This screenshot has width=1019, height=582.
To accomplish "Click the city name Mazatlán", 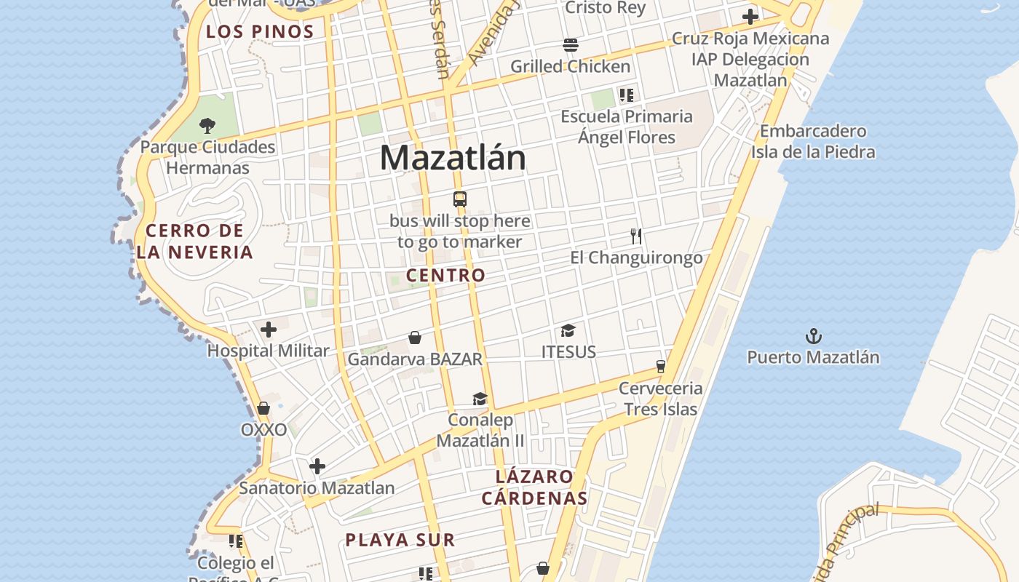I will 452,158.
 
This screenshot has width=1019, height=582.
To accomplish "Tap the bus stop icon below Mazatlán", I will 459,199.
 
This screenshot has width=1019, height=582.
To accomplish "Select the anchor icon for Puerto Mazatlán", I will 813,336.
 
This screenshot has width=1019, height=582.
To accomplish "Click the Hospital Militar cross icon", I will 269,330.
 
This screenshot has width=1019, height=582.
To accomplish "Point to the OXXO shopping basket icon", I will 263,408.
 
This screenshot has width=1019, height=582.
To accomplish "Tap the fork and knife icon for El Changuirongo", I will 636,236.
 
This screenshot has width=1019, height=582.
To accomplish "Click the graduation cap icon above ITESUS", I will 568,331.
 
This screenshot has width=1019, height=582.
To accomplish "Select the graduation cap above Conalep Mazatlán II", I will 480,399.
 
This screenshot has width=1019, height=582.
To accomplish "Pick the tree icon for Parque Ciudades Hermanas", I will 207,125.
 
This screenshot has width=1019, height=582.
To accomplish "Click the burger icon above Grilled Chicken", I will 571,45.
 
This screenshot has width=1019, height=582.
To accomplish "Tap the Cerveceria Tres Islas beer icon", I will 661,366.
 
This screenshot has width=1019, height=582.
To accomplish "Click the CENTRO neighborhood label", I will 445,275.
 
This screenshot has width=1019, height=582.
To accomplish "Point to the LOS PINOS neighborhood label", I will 260,31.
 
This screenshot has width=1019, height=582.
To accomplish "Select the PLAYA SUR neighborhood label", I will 400,540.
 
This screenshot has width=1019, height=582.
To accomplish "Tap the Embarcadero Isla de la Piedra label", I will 813,142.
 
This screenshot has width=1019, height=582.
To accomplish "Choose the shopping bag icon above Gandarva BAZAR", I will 415,338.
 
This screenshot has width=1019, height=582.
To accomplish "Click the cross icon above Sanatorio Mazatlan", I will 317,466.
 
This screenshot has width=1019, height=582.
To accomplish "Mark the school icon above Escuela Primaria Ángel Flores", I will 627,95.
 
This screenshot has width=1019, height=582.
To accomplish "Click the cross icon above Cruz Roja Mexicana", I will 750,17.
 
